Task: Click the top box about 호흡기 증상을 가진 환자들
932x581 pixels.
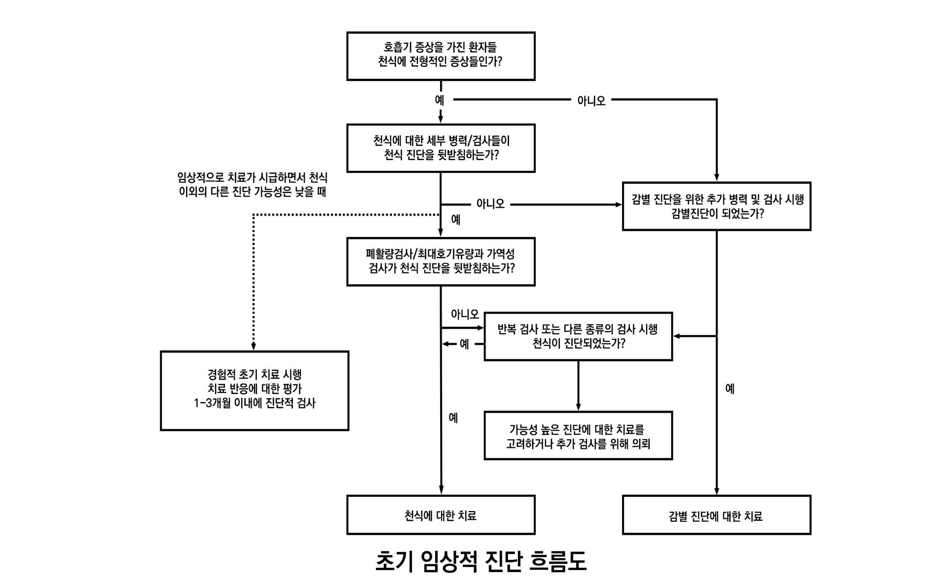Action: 441,56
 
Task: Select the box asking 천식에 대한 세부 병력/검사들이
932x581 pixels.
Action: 441,148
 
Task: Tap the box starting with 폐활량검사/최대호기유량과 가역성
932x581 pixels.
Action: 441,261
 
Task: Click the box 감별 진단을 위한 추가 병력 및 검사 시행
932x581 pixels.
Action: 716,206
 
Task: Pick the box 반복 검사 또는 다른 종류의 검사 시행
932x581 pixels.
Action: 578,336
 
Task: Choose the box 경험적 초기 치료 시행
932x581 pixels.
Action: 254,391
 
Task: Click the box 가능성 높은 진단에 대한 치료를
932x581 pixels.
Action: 578,435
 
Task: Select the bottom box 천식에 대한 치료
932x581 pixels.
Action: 441,515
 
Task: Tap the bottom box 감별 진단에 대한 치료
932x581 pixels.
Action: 716,515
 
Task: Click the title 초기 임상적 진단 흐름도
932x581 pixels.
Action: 481,561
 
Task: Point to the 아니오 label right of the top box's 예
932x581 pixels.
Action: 591,101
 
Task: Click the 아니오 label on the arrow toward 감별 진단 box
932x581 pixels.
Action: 490,204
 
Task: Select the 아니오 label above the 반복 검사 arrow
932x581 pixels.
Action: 465,315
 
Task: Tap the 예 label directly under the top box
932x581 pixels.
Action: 440,100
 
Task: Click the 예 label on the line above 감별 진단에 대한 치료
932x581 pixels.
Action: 730,389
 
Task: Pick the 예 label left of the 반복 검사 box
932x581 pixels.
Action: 464,344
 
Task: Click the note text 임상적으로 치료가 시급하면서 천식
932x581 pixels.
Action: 252,177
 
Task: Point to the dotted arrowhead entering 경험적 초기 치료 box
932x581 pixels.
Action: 254,347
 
